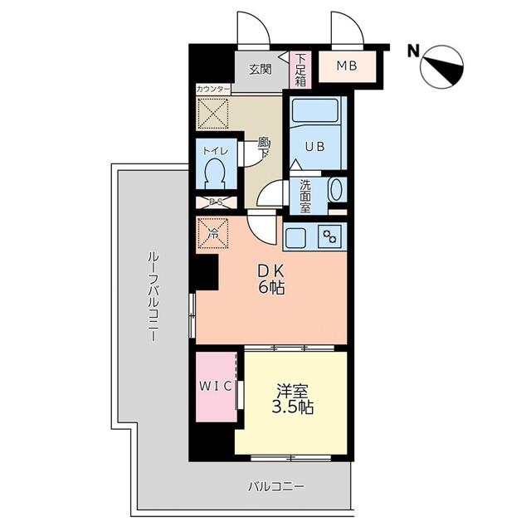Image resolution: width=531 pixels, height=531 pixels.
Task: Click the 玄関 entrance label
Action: pyautogui.click(x=260, y=70)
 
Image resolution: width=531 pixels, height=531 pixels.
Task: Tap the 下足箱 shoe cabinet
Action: pyautogui.click(x=300, y=70)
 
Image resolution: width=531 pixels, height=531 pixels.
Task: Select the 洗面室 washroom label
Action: pyautogui.click(x=305, y=197)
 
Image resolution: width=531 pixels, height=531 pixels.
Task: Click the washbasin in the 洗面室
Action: pyautogui.click(x=335, y=189)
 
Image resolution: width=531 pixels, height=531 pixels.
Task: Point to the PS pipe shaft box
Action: pyautogui.click(x=216, y=202)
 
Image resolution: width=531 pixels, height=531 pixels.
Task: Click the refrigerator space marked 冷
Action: pyautogui.click(x=212, y=233)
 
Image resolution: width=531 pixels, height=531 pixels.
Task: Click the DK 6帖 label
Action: pyautogui.click(x=270, y=279)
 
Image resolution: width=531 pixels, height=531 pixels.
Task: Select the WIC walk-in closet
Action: pyautogui.click(x=215, y=387)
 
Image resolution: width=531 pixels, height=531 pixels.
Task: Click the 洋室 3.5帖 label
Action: pyautogui.click(x=293, y=397)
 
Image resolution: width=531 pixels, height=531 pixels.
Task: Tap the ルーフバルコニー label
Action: pyautogui.click(x=153, y=298)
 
